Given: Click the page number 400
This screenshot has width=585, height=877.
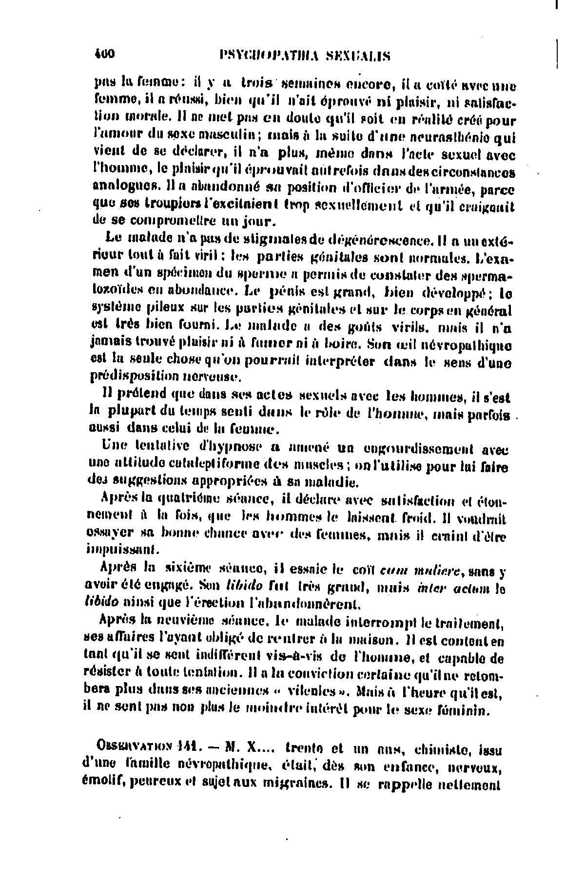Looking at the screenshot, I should [x=103, y=55].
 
